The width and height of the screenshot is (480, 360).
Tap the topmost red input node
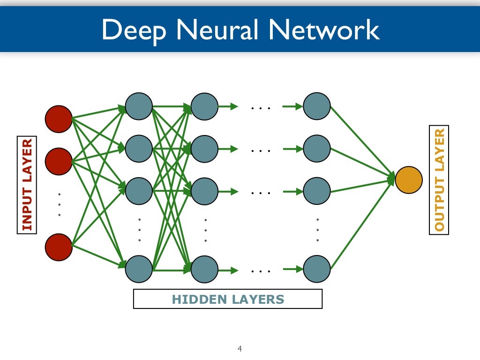coord(59,119)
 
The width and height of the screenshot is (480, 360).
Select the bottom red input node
coord(59,247)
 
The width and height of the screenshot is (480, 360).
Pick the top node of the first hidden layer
coord(139,106)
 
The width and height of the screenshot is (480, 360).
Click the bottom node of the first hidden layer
coord(139,269)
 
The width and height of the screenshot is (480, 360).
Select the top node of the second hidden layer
coord(205,106)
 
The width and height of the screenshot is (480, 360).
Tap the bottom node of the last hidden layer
coord(317,269)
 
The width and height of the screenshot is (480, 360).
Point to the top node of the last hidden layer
coord(317,106)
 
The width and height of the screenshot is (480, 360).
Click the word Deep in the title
coord(134,30)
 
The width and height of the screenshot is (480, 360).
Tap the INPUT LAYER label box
coord(27,185)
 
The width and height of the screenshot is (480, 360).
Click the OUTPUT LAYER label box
coord(439,180)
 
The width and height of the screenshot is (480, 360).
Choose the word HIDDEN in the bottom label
coord(199,299)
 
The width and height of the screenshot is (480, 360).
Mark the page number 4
coord(240,348)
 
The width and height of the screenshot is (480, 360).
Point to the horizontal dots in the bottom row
coord(261,271)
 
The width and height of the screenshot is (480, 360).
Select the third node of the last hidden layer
coord(317,191)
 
